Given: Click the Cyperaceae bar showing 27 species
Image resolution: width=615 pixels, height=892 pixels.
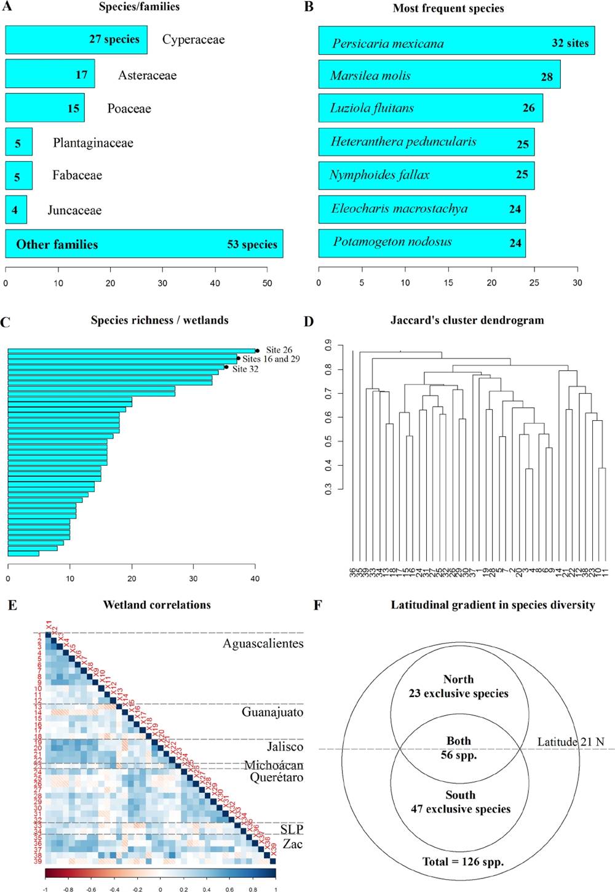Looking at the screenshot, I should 76,39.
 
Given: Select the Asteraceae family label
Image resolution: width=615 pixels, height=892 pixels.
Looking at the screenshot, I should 147,75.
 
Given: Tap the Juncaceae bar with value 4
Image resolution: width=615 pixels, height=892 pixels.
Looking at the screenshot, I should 16,210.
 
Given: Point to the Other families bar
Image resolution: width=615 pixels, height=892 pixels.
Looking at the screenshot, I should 144,244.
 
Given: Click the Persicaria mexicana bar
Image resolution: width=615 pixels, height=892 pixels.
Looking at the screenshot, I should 456,41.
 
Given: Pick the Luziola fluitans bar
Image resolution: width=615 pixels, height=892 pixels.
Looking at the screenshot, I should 430,108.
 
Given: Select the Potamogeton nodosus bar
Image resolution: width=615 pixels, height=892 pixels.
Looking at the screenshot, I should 422,242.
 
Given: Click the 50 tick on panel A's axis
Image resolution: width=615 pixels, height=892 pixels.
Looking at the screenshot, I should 267,283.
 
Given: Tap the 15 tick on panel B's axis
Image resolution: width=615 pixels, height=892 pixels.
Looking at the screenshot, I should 448,282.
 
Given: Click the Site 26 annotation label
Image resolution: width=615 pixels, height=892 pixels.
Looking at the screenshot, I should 279,349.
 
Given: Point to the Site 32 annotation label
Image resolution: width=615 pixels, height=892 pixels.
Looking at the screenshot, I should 245,369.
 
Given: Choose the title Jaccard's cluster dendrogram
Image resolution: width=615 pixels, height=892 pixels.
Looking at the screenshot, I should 467,320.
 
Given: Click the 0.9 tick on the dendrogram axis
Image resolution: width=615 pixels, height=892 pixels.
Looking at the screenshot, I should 329,346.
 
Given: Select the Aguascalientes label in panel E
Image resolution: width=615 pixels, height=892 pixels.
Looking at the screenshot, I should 263,643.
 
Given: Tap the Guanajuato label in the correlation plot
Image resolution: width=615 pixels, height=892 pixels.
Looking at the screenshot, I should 272,712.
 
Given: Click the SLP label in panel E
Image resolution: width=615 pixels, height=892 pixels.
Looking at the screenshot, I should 292,830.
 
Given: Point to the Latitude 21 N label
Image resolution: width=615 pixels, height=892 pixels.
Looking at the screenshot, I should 570,741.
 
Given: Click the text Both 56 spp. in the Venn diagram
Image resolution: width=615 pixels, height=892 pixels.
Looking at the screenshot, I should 459,748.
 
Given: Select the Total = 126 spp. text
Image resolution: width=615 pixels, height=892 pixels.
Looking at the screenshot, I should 462,861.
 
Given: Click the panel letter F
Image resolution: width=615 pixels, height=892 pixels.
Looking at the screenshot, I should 317,605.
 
